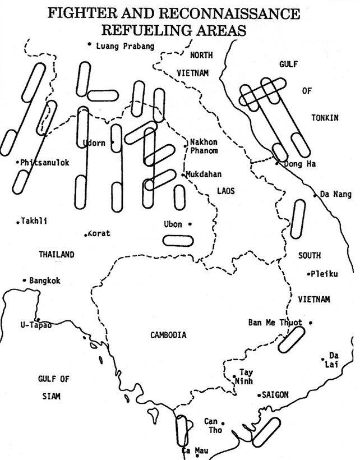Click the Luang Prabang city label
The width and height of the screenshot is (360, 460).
[x=125, y=46]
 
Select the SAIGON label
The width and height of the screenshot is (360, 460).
[x=275, y=395]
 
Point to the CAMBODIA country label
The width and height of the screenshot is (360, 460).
[x=168, y=335]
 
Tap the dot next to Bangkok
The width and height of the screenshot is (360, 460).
[x=25, y=280]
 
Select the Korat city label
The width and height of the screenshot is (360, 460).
[x=99, y=233]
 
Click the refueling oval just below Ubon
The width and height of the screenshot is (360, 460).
[x=178, y=241]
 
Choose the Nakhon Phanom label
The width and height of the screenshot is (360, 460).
[x=204, y=146]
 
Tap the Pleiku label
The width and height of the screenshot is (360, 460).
[x=325, y=274]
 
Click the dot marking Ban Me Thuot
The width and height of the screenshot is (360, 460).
[x=311, y=323]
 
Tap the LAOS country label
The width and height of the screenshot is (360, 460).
[x=226, y=191]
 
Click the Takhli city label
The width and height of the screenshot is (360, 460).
[x=35, y=221]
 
